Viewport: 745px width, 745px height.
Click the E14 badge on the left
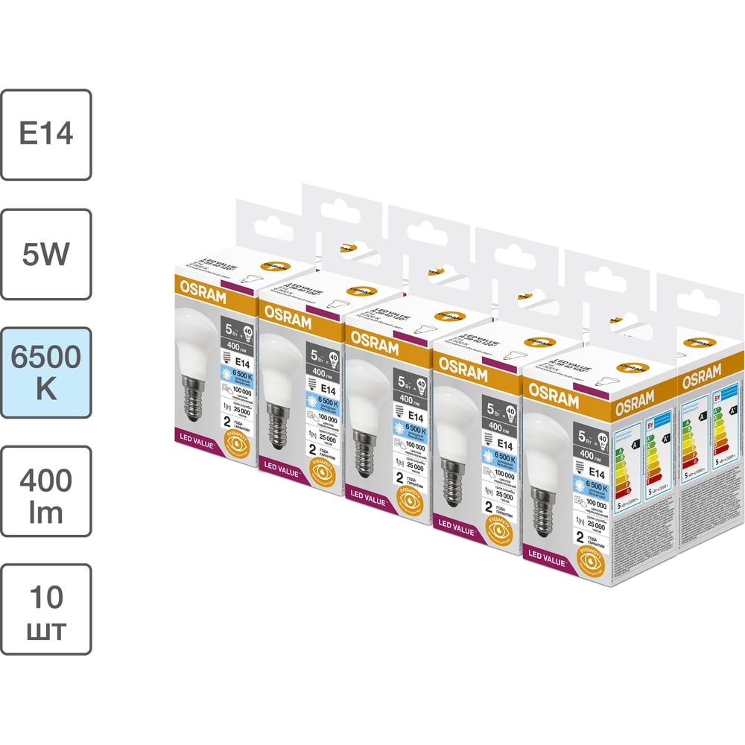[x=46, y=135]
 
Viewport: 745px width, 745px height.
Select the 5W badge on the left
[x=46, y=254]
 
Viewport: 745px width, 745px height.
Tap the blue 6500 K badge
[x=46, y=372]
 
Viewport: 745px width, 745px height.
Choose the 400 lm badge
[x=46, y=491]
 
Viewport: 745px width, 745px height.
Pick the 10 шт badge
[x=46, y=609]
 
